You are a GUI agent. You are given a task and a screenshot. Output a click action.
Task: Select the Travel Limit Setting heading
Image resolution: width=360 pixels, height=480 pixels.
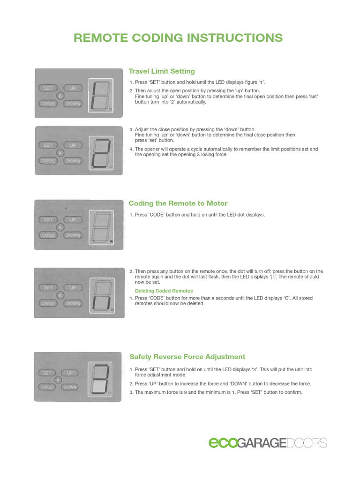[x=162, y=71]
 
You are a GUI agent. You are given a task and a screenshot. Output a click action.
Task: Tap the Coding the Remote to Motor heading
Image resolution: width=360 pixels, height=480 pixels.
[x=178, y=203]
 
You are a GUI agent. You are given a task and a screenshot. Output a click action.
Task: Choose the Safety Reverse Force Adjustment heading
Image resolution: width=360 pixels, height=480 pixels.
[x=187, y=357]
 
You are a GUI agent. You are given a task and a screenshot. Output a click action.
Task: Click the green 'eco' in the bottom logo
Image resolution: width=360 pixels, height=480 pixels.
[x=223, y=443]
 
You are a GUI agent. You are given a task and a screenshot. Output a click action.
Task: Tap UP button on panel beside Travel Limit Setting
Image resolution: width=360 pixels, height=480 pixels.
[x=73, y=88]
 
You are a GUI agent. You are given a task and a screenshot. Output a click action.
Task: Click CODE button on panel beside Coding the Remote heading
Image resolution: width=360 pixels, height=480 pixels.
[x=48, y=235]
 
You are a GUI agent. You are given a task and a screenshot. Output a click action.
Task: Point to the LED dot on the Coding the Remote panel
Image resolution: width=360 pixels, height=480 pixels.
[x=111, y=241]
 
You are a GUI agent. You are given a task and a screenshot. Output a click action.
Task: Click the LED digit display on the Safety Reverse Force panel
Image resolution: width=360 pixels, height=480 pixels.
[x=98, y=380]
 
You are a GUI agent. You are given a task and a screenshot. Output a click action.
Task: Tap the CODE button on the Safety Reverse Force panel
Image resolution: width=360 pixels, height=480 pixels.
[x=47, y=387]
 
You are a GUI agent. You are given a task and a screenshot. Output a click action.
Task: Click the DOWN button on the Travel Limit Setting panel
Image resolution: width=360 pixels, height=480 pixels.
[x=73, y=104]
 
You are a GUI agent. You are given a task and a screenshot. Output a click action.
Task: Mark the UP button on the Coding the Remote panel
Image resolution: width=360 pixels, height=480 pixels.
[x=73, y=219]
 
